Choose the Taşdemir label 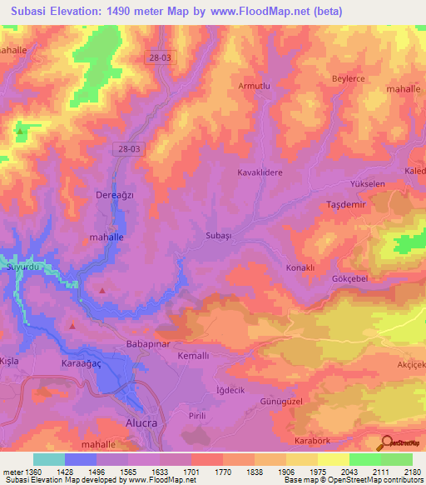344,204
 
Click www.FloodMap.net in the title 260,11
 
